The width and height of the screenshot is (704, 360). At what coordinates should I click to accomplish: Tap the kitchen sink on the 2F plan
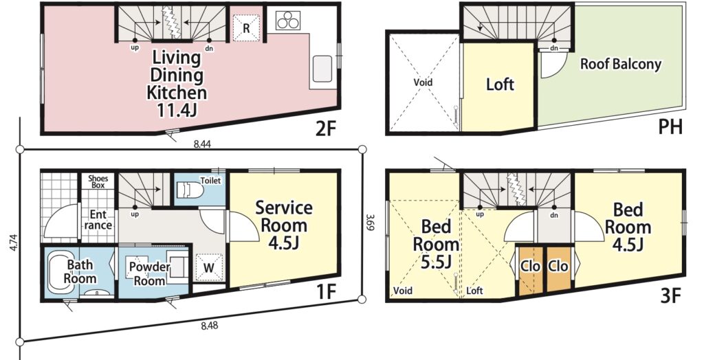click(x=322, y=69)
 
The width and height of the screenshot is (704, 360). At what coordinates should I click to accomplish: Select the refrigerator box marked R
click(x=247, y=28)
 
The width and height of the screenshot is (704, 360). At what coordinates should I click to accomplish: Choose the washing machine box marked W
click(x=209, y=268)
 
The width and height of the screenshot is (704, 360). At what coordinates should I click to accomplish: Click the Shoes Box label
click(x=98, y=181)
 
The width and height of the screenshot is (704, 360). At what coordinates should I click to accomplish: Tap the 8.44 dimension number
click(x=203, y=144)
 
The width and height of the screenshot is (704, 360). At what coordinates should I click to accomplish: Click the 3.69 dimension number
click(x=369, y=223)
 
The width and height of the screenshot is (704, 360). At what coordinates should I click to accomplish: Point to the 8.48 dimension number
click(x=209, y=326)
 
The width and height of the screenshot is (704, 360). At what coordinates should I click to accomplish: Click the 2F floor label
click(x=325, y=129)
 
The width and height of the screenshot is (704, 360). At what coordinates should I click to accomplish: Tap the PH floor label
click(x=670, y=127)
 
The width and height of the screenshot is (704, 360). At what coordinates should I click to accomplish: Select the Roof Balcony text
click(x=621, y=64)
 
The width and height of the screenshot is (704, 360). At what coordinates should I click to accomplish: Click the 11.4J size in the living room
click(x=177, y=110)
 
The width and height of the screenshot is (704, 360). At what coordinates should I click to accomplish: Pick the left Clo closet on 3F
click(x=530, y=270)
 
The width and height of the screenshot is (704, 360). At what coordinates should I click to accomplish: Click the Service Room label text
click(x=284, y=216)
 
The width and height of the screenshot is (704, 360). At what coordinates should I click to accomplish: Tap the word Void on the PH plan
click(x=423, y=82)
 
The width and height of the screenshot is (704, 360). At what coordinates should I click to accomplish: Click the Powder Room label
click(x=149, y=273)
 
